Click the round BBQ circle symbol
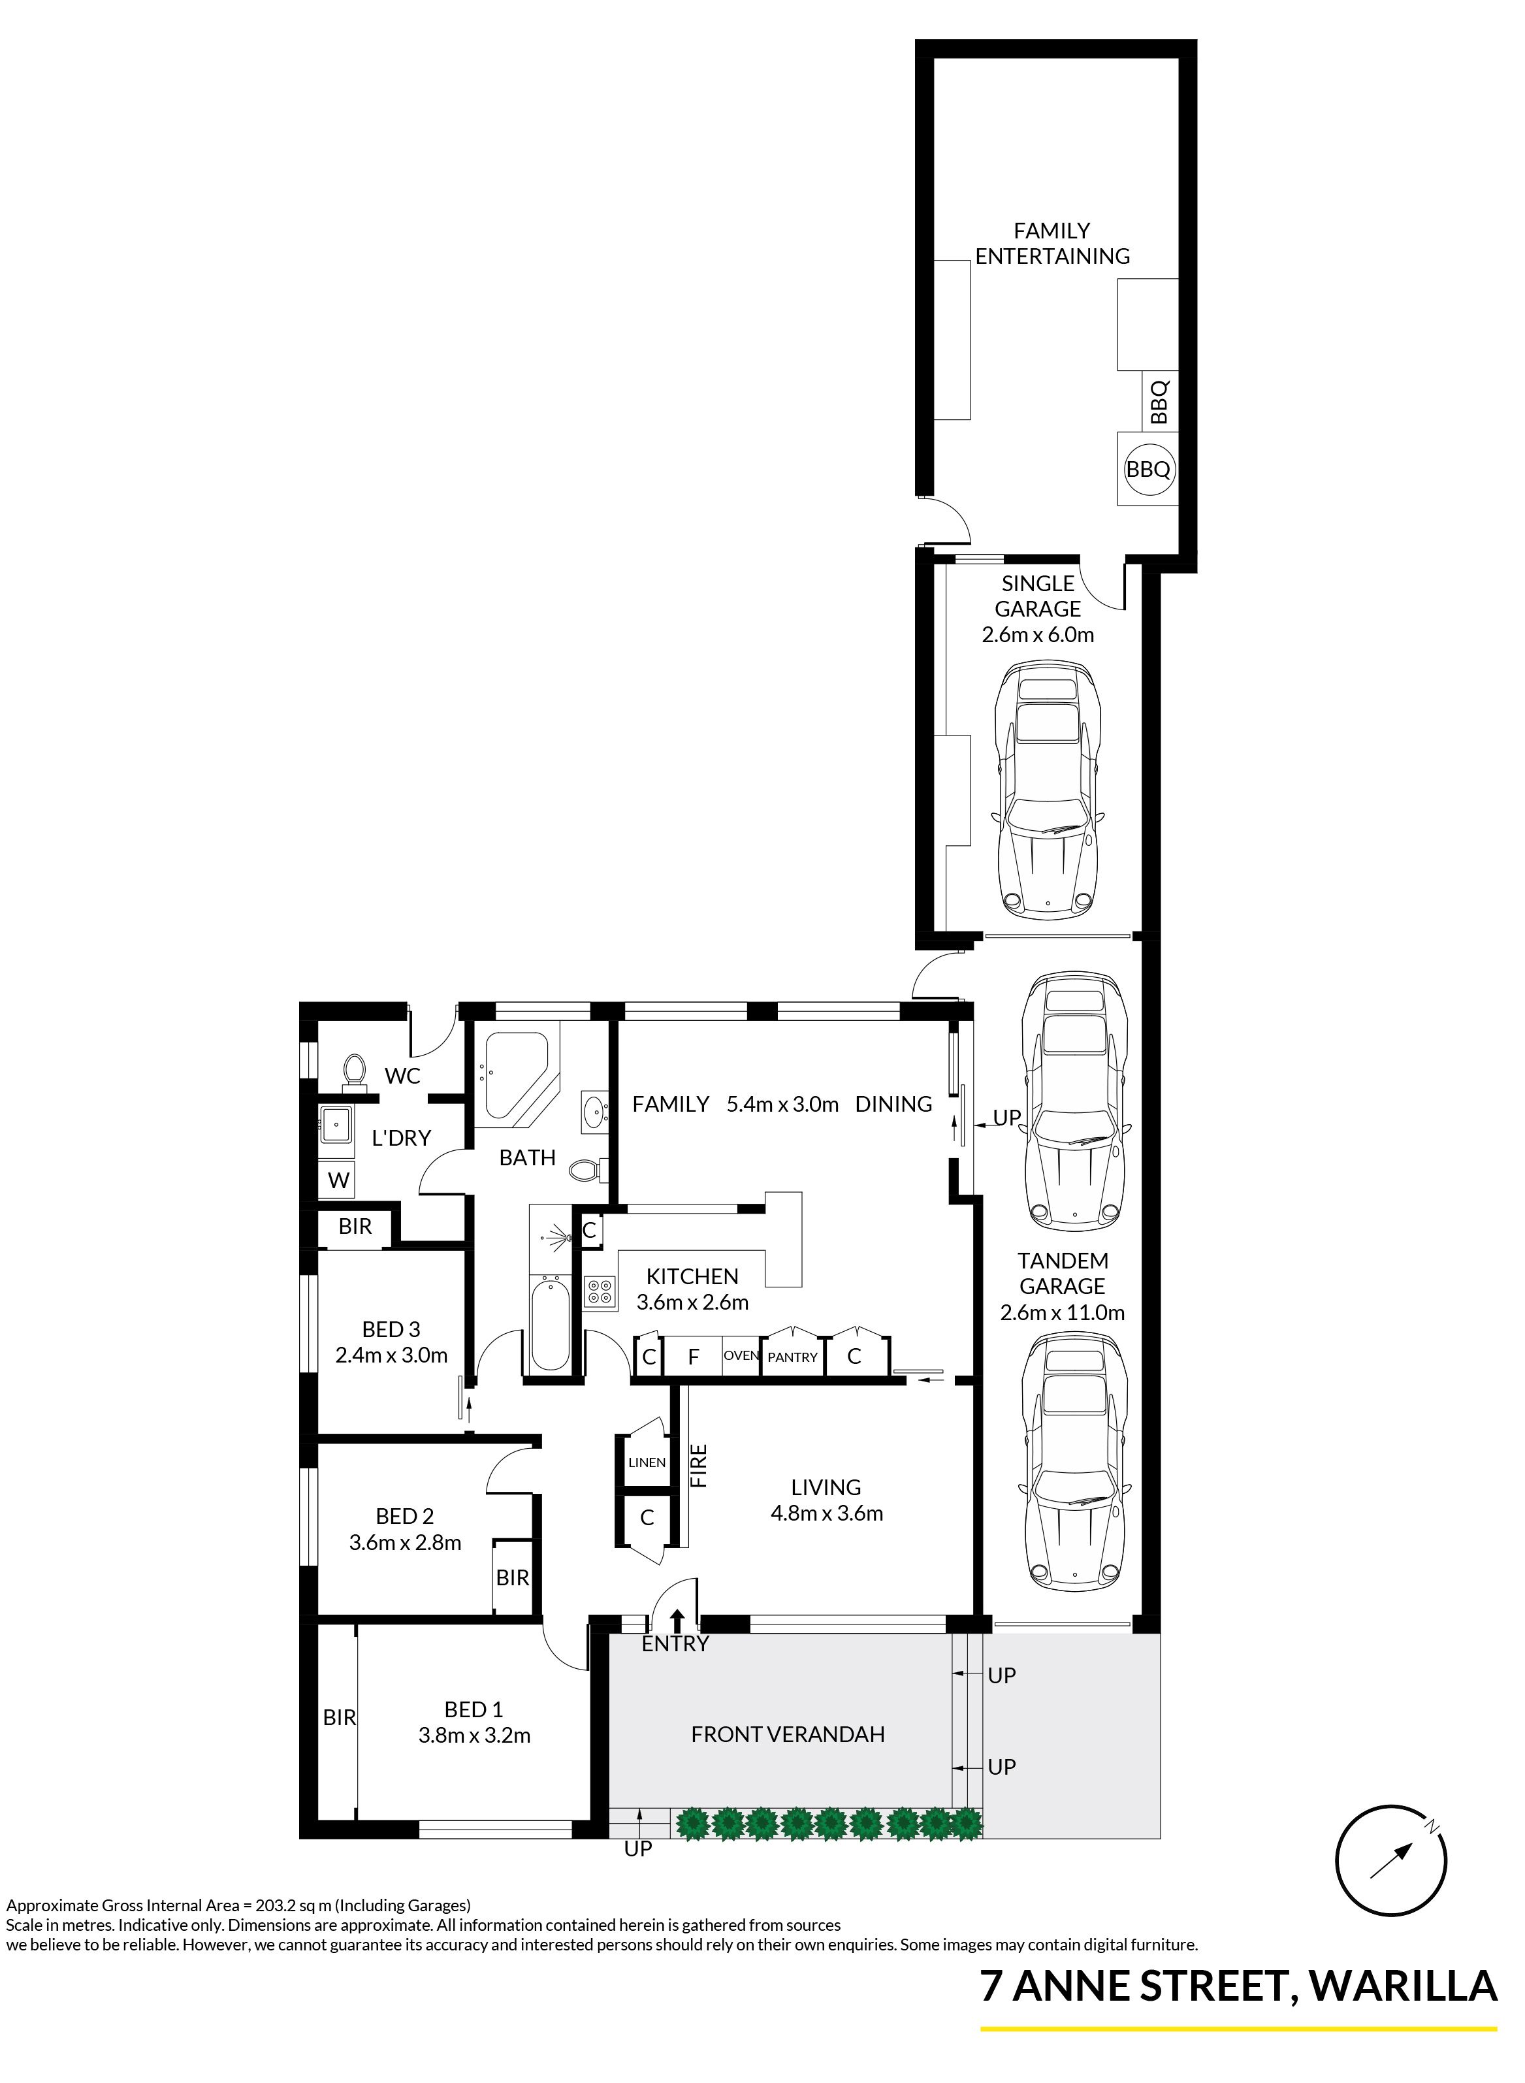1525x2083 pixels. click(x=1148, y=469)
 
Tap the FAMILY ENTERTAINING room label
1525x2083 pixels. click(x=1052, y=244)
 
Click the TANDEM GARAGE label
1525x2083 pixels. click(x=1063, y=1273)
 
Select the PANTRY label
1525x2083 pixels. click(x=792, y=1357)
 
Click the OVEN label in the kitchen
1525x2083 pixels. click(x=741, y=1355)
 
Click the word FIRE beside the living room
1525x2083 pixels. click(x=699, y=1466)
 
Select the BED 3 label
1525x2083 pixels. click(x=391, y=1330)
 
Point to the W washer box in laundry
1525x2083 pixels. click(x=339, y=1180)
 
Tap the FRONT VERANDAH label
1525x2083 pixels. click(x=788, y=1734)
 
